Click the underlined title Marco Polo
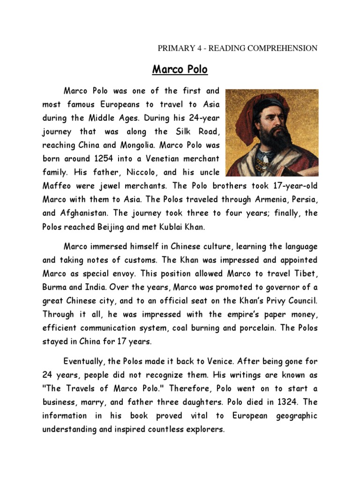click(x=180, y=70)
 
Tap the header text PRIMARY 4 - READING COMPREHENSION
click(x=238, y=48)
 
